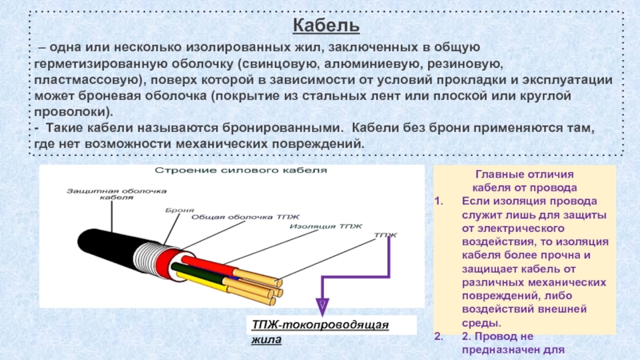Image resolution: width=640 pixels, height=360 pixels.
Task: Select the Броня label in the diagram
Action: [x=180, y=209]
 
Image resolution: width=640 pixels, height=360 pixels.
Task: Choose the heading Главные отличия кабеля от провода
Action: [x=524, y=180]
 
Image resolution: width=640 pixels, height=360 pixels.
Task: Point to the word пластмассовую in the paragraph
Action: [x=83, y=81]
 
